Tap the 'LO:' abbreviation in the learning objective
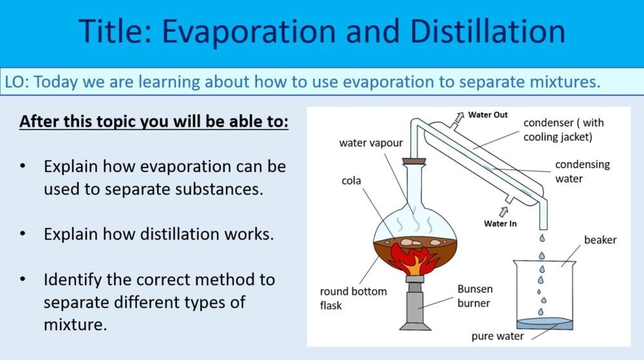(17, 82)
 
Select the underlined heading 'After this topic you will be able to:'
(154, 121)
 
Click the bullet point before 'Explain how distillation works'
(23, 233)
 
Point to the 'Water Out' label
(488, 115)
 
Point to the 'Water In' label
(500, 223)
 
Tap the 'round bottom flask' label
(353, 298)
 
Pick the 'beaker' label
(600, 240)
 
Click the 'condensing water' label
(582, 171)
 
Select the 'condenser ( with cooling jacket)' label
(563, 129)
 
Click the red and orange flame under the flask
(415, 259)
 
